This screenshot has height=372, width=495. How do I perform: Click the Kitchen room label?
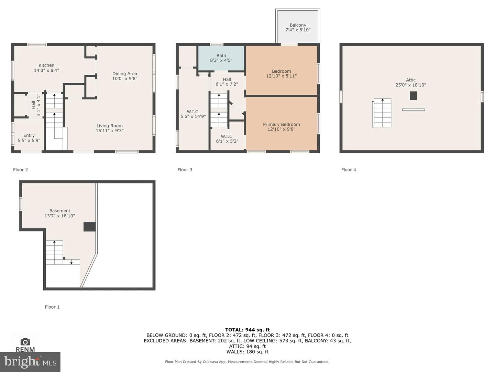46,65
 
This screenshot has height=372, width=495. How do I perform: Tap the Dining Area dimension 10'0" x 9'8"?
125,79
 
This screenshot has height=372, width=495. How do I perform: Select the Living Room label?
110,126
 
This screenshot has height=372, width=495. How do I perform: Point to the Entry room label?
29,135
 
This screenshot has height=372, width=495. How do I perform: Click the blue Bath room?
221,58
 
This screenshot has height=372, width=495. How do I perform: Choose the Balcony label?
298,25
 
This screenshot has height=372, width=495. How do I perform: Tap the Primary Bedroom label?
282,124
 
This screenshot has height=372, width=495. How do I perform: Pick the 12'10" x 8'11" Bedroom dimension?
282,76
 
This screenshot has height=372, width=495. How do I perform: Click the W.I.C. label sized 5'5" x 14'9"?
193,112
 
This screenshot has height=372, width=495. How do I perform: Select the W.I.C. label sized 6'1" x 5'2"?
227,136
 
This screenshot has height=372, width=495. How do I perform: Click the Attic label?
411,80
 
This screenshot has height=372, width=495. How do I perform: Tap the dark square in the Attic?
413,96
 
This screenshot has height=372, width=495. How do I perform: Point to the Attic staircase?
382,113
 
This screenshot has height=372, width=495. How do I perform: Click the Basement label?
60,211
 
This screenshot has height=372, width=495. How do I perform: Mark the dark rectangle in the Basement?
89,227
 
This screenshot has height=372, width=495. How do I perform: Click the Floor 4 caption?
349,169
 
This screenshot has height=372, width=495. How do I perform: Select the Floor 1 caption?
52,307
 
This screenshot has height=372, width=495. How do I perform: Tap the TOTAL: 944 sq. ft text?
247,330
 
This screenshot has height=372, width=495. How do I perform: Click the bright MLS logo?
30,362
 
